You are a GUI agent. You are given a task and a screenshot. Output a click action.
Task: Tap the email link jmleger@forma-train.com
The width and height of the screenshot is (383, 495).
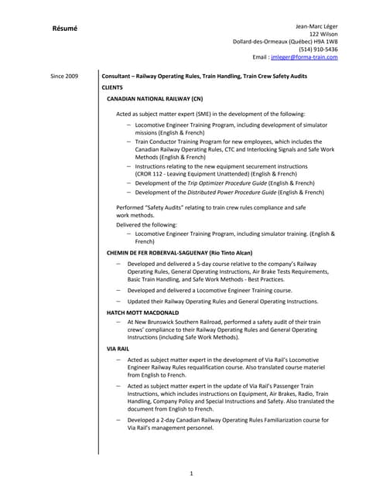[310, 57]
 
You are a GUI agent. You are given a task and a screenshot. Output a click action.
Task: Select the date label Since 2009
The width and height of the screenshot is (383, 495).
[64, 77]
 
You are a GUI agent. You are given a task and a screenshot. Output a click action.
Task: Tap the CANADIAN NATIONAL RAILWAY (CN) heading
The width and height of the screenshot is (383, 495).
[155, 99]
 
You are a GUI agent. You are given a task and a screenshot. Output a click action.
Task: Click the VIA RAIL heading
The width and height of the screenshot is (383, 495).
[118, 350]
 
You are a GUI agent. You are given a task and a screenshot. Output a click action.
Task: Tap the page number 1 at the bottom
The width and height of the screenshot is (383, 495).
[191, 473]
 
